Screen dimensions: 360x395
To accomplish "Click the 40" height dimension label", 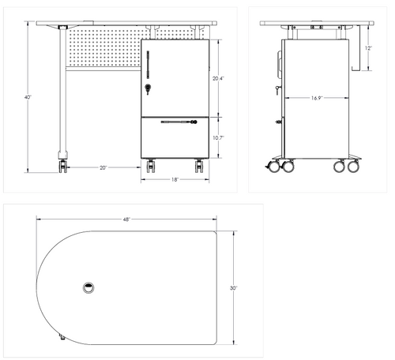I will (x=28, y=96).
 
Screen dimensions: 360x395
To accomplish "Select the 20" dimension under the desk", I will (x=103, y=167).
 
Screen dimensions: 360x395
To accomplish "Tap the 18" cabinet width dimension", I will (x=175, y=180).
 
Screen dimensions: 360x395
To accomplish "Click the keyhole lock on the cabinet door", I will (x=148, y=88).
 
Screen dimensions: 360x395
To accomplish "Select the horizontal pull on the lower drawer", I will (x=176, y=122).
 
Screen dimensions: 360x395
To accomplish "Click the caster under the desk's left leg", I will (x=62, y=164).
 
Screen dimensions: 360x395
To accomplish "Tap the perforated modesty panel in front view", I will (x=103, y=49).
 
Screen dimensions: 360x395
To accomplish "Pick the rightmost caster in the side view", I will (x=353, y=166).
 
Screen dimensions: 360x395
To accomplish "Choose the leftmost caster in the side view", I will (x=275, y=167).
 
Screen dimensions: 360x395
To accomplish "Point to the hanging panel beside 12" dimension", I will (x=355, y=47).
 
